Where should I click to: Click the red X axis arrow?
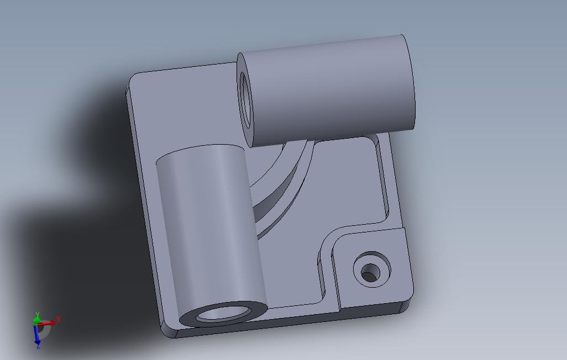tap(49, 322)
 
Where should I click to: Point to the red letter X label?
tap(59, 319)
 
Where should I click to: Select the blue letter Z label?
tap(38, 346)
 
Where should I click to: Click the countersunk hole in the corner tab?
tap(371, 271)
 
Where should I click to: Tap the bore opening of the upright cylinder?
tap(222, 314)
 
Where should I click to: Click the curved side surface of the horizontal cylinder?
tap(332, 88)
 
